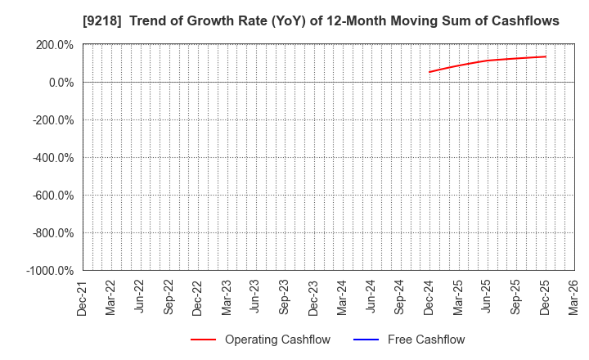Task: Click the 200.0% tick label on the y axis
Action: pos(54,44)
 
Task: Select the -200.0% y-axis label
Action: pos(52,119)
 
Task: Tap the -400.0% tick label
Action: pos(52,157)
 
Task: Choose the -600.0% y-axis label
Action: pos(52,195)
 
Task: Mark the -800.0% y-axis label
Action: pos(52,232)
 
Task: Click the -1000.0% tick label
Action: pos(50,270)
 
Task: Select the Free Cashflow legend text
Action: pos(425,340)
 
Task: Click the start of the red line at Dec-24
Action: pos(429,72)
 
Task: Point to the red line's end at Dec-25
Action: pos(546,56)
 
